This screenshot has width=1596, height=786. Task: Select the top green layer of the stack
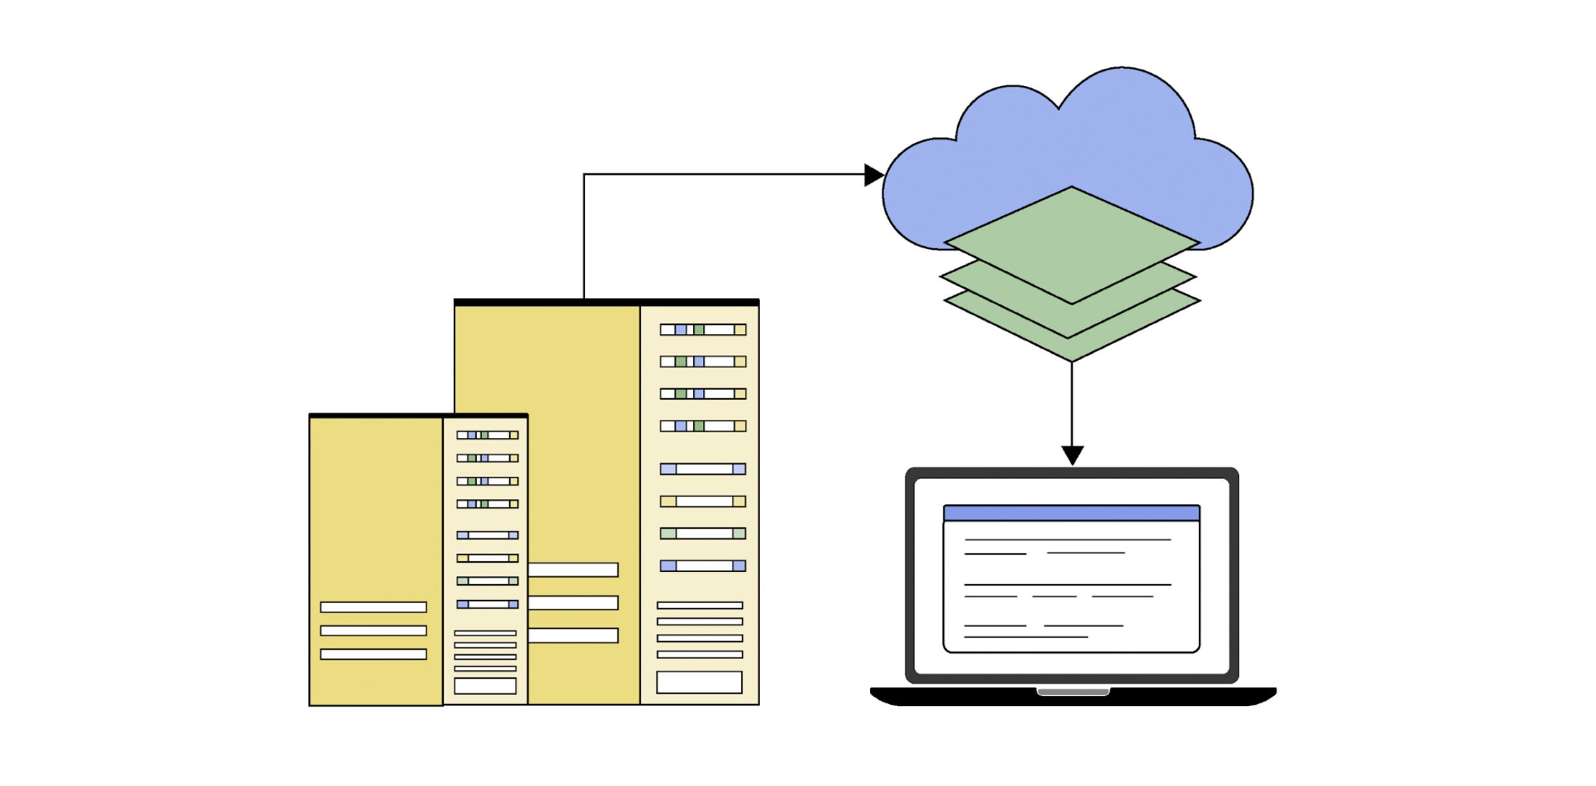click(1072, 246)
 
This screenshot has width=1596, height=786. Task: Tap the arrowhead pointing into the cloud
click(874, 175)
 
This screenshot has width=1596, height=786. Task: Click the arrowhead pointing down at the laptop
click(1073, 455)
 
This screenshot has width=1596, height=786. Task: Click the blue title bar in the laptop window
click(1072, 513)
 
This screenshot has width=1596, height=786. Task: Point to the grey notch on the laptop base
click(1073, 692)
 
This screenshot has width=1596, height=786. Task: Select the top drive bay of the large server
click(703, 329)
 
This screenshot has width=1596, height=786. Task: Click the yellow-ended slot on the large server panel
click(703, 502)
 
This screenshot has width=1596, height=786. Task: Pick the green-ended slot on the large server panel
click(703, 534)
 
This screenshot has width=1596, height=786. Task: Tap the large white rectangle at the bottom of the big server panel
click(699, 683)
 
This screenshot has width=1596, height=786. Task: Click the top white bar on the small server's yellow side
click(373, 607)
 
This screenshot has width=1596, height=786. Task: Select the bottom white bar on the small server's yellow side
click(373, 654)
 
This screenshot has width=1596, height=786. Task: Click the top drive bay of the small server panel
click(487, 435)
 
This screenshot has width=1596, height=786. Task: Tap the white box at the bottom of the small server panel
click(485, 686)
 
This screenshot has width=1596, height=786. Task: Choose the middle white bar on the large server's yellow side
click(573, 603)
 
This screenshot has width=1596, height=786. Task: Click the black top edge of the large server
click(606, 302)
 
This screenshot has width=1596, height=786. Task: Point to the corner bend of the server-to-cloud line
click(584, 174)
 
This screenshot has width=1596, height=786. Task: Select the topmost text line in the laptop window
click(1068, 540)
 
